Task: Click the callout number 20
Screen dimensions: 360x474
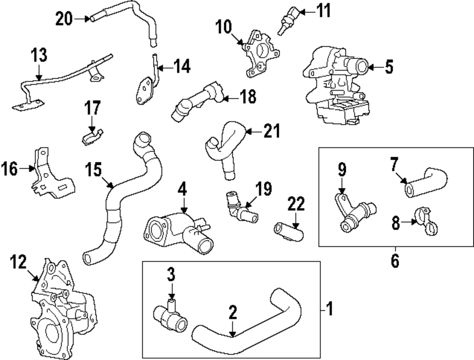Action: (x=64, y=19)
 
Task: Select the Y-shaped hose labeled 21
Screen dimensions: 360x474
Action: (x=225, y=149)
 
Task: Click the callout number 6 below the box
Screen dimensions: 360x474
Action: (x=395, y=260)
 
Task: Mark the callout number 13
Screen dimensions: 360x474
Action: (x=39, y=55)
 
